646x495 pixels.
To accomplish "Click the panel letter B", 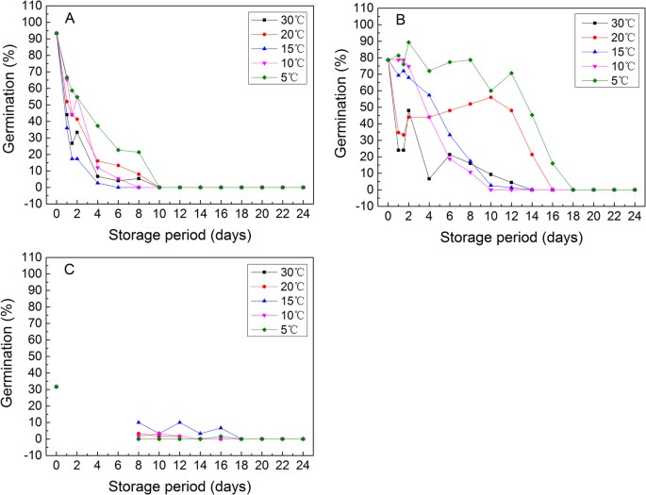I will [x=401, y=19].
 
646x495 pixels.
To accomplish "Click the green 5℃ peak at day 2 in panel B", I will [x=408, y=42].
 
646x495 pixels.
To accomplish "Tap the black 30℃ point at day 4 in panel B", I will [x=429, y=179].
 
